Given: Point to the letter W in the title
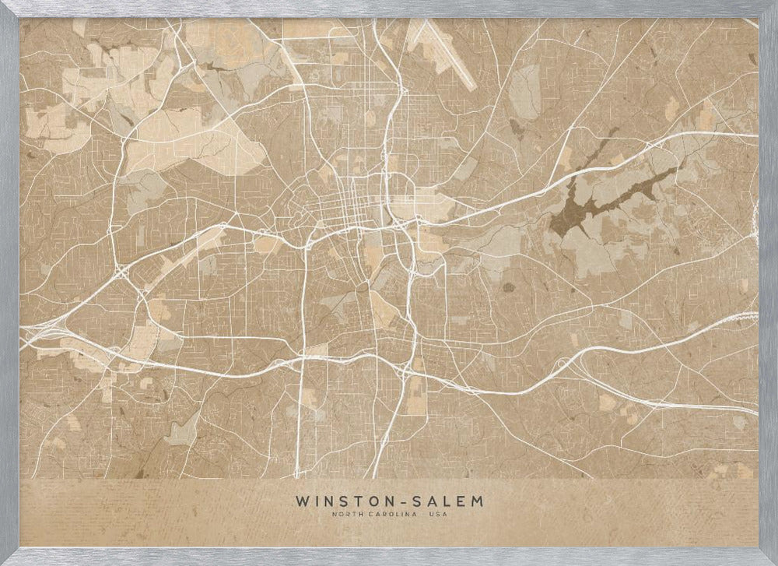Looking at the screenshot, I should click(301, 500).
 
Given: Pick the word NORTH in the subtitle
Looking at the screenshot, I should click(345, 514).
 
